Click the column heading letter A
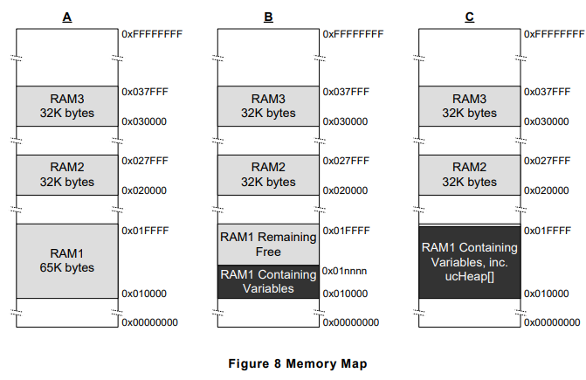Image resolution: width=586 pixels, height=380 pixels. point(66,15)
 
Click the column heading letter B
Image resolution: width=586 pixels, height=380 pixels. point(268,15)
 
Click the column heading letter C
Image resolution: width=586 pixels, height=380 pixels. point(469,15)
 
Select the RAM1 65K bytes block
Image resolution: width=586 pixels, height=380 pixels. point(66,261)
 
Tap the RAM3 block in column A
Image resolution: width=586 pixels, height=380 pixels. point(66,106)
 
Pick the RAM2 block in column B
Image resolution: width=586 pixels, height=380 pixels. point(268,175)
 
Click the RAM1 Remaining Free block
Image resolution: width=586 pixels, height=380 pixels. point(268,245)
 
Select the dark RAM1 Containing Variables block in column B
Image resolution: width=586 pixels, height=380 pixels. point(268,281)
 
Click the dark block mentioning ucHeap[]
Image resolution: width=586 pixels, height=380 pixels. point(470,261)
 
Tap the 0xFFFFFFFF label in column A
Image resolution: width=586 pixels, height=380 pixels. point(151,33)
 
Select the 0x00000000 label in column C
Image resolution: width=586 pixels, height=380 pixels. point(554,322)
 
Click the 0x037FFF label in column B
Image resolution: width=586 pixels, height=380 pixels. point(346,92)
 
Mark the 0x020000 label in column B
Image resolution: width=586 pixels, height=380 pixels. point(346,190)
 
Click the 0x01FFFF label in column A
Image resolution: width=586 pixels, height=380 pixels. point(144,231)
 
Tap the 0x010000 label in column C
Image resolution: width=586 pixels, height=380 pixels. point(548,294)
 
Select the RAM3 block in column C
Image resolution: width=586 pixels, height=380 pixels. point(470,106)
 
